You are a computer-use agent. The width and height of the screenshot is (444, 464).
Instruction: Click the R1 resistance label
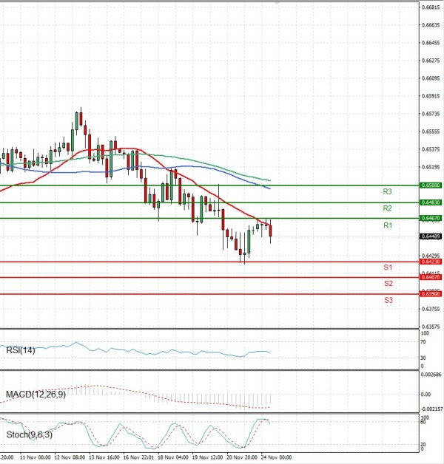tap(387, 225)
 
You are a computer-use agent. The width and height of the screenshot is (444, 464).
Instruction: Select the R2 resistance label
tap(387, 208)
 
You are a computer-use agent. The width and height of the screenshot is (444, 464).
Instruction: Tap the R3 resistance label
tap(387, 191)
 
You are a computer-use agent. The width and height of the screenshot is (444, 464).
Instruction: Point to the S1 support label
tap(387, 267)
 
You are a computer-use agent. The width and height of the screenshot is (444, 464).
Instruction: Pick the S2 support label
tap(388, 284)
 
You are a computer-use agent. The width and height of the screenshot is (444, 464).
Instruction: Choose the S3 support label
tap(388, 300)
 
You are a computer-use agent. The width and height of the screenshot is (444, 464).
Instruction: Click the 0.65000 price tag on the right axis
tap(431, 185)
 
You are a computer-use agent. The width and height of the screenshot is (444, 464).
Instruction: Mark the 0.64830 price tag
tap(431, 202)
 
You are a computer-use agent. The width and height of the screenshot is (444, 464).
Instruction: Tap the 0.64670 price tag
tap(431, 219)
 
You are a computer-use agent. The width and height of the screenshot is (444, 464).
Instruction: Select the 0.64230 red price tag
tap(431, 262)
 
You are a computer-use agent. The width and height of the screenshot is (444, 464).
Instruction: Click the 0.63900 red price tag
tap(431, 294)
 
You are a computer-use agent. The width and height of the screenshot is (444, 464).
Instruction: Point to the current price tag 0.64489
tap(431, 236)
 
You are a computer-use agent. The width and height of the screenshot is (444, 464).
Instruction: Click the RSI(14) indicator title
tap(21, 349)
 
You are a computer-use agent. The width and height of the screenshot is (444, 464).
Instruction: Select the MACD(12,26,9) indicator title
tap(35, 395)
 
